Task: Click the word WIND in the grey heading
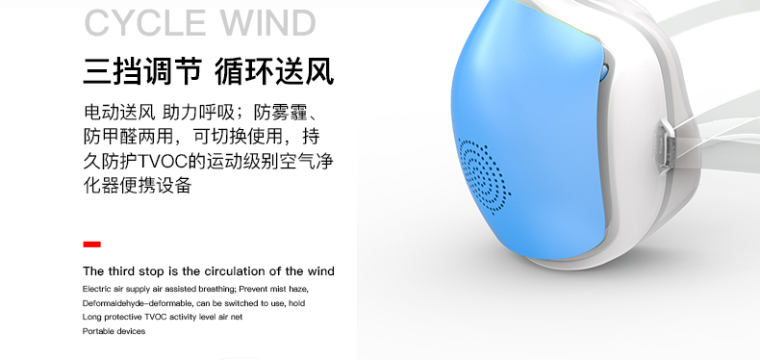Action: coord(266,22)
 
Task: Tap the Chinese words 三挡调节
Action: coord(142,71)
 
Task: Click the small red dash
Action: coord(92,244)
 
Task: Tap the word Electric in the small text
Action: coord(97,288)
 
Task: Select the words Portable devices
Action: coord(114,331)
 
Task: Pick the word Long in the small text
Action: coord(91,317)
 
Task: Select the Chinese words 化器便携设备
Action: coord(138,185)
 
